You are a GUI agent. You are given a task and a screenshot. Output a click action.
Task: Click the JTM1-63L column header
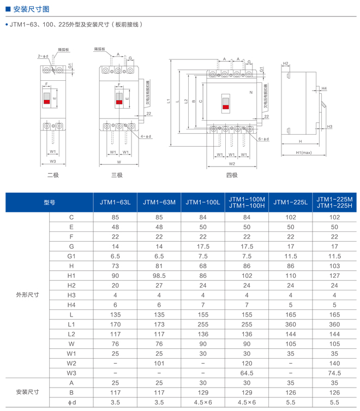(x=115, y=202)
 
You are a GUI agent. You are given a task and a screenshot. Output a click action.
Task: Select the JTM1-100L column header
(x=203, y=202)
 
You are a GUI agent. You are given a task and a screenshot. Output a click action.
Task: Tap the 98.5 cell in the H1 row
(x=159, y=276)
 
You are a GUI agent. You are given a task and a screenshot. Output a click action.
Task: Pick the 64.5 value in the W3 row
(x=247, y=373)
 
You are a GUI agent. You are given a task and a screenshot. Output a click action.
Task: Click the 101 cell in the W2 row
(x=159, y=363)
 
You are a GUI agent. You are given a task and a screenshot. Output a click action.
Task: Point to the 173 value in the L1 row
(x=159, y=324)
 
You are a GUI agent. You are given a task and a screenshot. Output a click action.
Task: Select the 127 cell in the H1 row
(x=334, y=276)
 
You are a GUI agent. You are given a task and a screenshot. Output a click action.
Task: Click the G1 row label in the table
(x=71, y=256)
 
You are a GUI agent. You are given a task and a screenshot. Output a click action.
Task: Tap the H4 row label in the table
(x=71, y=305)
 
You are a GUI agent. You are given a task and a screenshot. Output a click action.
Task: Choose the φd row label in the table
(x=71, y=402)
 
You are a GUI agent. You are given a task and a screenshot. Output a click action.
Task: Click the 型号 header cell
(x=50, y=202)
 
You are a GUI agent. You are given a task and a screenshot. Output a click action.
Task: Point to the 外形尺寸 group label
(x=28, y=295)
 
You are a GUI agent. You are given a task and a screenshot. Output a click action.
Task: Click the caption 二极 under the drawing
(x=53, y=175)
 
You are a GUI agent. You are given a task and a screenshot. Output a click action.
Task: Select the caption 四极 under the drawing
(x=232, y=175)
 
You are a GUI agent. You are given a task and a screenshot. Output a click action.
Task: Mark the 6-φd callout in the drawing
(x=262, y=139)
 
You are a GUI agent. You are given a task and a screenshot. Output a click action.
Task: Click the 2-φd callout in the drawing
(x=43, y=56)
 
